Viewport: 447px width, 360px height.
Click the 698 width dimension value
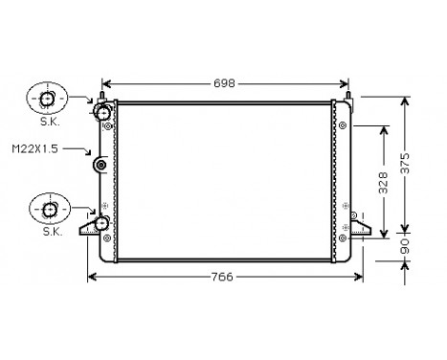(x=223, y=83)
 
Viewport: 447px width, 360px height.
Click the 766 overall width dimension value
(x=223, y=278)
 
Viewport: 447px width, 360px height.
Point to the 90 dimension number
(x=406, y=247)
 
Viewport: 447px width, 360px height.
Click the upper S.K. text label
(x=48, y=122)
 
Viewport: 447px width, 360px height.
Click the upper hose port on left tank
(x=102, y=114)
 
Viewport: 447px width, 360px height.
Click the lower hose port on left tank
(x=101, y=224)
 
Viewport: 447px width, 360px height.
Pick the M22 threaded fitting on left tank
(x=101, y=167)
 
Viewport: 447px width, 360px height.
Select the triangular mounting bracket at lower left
(x=91, y=227)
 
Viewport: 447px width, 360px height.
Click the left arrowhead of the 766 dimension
(x=92, y=278)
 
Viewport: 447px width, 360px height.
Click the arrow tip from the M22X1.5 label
(x=92, y=153)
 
